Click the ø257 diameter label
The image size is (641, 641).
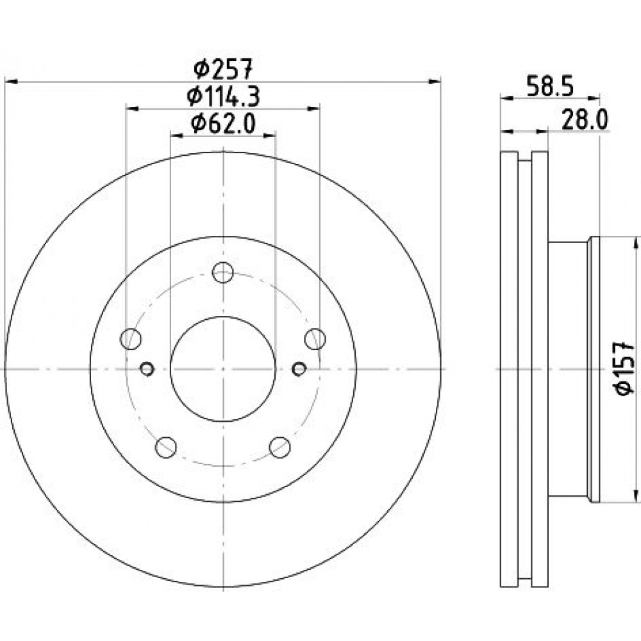(224, 69)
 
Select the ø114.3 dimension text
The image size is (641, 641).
(223, 97)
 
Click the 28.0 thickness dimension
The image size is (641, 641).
(585, 120)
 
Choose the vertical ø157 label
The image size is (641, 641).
(624, 369)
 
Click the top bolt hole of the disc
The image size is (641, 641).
(223, 272)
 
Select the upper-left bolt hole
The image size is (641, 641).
(130, 339)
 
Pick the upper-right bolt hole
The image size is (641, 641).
(315, 339)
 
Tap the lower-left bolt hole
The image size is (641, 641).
(166, 447)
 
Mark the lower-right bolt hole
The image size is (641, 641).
(280, 447)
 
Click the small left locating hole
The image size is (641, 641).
(147, 369)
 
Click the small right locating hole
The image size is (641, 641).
(299, 369)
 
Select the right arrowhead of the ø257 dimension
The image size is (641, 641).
(434, 82)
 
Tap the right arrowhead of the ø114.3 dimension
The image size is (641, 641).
(313, 108)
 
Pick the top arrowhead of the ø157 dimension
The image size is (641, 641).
(635, 244)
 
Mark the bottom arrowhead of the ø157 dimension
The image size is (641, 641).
(635, 495)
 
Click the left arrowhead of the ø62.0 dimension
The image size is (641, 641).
(177, 135)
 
